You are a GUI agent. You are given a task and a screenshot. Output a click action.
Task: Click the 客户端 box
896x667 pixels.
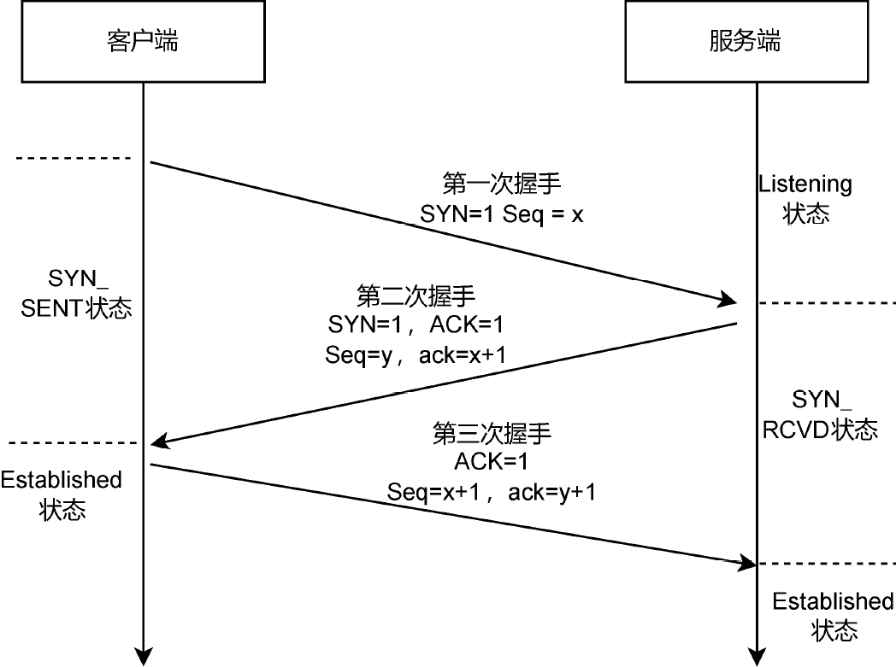click(143, 41)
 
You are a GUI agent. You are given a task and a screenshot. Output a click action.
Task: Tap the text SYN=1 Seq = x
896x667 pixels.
click(501, 214)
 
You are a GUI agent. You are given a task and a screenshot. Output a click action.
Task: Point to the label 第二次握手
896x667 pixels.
click(415, 295)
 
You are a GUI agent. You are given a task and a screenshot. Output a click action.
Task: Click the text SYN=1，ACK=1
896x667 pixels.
click(415, 325)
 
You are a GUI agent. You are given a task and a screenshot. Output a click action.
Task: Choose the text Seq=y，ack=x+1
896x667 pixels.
click(415, 355)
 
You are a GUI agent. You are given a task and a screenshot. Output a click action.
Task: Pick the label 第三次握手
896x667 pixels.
click(492, 433)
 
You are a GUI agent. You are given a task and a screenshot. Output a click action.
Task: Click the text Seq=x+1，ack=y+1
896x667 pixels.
click(492, 493)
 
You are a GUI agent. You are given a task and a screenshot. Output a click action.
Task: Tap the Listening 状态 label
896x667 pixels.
click(805, 198)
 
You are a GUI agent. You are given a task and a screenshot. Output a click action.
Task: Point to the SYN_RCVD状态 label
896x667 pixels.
click(821, 413)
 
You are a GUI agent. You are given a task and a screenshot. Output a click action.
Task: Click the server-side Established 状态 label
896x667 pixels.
click(833, 616)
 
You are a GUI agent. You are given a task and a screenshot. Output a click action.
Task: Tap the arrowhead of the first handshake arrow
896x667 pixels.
click(729, 300)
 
